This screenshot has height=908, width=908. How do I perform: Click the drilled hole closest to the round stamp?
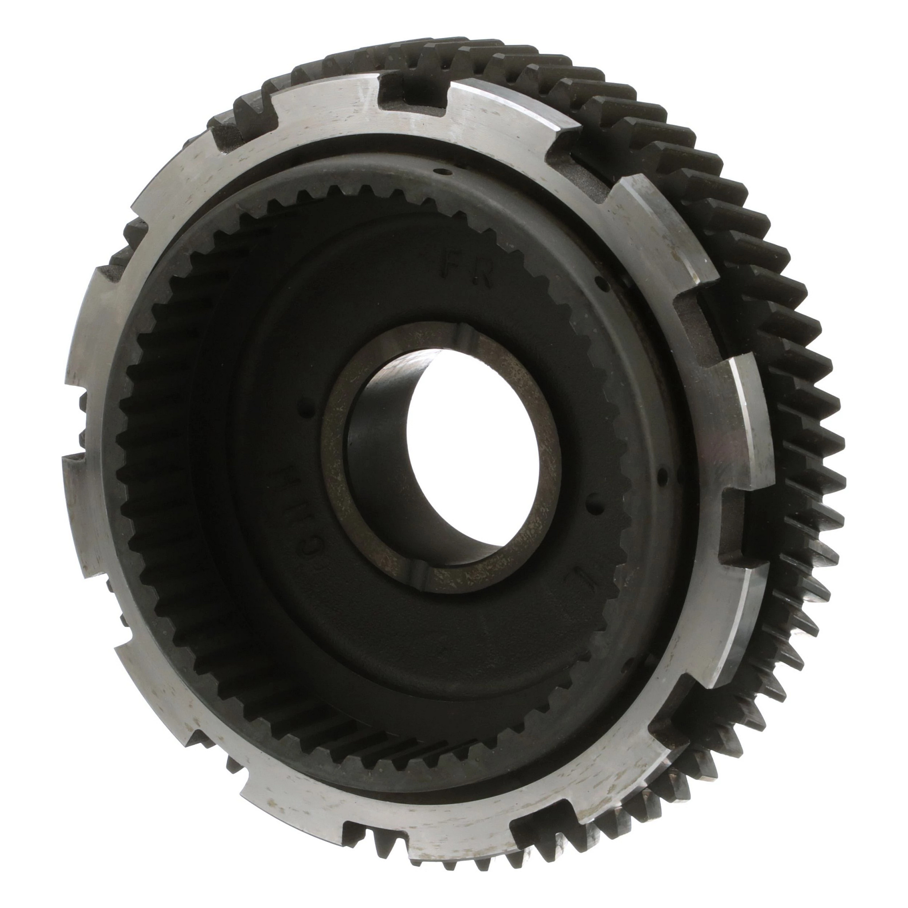[306, 414]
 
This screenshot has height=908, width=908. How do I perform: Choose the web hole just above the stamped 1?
[595, 509]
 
